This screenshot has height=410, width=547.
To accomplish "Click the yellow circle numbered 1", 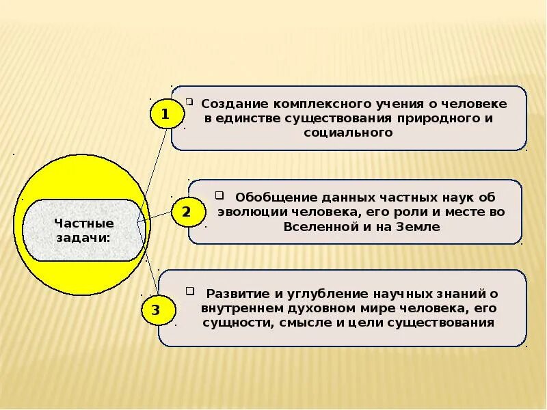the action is click(x=165, y=113).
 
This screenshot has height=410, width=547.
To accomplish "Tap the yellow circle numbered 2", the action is click(x=186, y=213).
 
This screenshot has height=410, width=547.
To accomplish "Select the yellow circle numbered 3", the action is click(x=155, y=311).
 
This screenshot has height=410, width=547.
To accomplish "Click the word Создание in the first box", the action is click(x=234, y=105).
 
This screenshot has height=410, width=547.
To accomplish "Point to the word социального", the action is click(x=349, y=133).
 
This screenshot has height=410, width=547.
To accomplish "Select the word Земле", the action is click(x=413, y=226).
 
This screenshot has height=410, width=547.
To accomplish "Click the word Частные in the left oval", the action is click(x=84, y=223).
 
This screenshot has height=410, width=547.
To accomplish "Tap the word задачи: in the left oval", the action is click(x=84, y=236).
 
